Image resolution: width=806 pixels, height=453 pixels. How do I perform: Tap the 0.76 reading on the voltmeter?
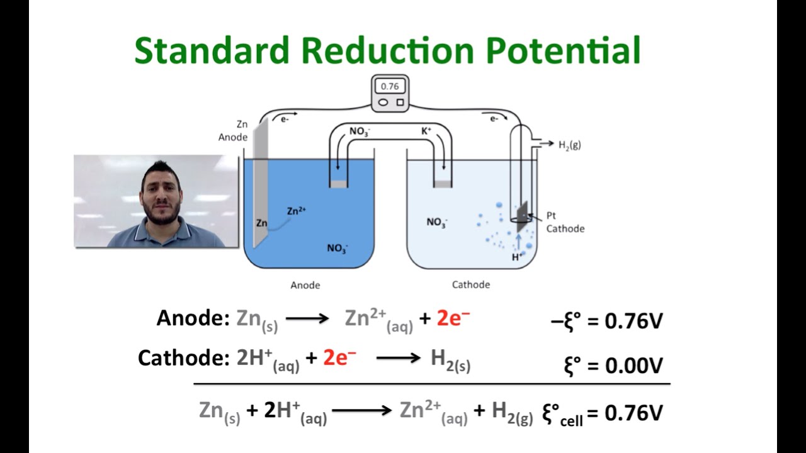click(x=390, y=86)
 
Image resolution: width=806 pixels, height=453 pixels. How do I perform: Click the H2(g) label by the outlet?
click(x=569, y=145)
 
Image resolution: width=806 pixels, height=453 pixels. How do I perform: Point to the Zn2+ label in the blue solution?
click(x=296, y=211)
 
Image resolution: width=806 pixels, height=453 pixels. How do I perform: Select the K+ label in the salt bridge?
click(x=426, y=131)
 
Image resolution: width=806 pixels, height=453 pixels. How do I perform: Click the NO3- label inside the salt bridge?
click(x=360, y=132)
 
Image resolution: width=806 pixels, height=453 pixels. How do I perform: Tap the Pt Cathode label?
click(x=565, y=222)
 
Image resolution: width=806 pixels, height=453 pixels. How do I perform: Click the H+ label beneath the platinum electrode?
click(x=517, y=257)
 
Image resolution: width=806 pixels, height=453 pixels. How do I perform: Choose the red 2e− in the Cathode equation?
click(x=339, y=358)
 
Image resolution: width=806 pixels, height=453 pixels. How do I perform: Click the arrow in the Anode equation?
click(x=307, y=319)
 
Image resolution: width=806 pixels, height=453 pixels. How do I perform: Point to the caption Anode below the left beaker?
click(x=305, y=285)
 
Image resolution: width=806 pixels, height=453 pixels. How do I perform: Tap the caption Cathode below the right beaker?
click(x=470, y=284)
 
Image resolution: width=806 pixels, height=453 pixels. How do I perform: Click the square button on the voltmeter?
click(x=400, y=102)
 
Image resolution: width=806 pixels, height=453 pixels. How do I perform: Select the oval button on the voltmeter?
click(x=382, y=102)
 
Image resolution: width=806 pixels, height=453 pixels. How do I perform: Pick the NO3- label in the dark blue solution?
click(x=337, y=248)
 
